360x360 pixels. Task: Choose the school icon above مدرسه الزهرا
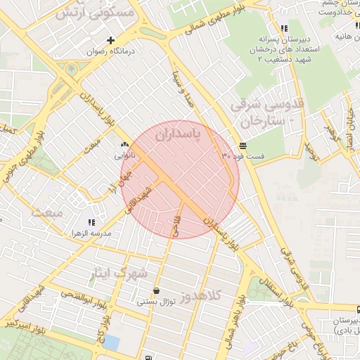[x=91, y=221]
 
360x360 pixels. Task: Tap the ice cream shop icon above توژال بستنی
[x=155, y=290]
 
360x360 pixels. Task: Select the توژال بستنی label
[x=154, y=302]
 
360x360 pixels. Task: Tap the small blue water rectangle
[x=110, y=342]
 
